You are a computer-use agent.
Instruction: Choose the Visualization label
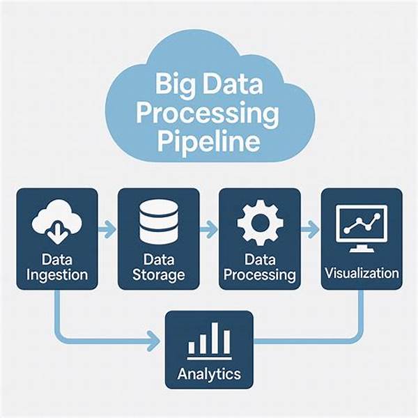click(362, 272)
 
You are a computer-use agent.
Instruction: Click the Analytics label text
click(208, 373)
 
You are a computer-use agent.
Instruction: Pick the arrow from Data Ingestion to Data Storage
click(108, 228)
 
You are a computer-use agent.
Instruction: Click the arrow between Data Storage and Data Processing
click(208, 228)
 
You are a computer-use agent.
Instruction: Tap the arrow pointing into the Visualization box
click(310, 228)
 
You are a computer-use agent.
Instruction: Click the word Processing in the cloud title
click(207, 115)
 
